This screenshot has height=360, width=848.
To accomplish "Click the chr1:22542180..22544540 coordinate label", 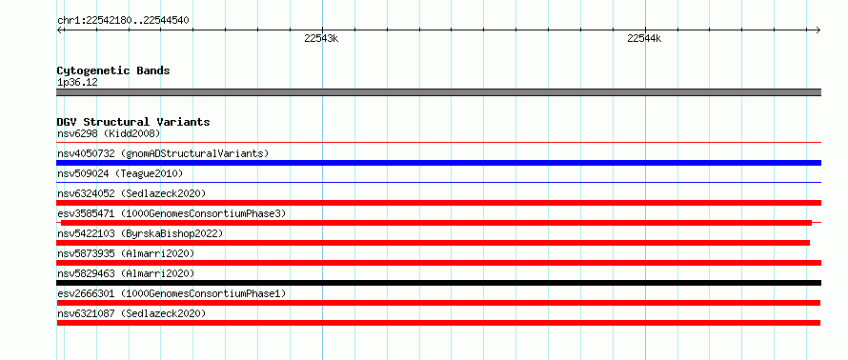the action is [x=123, y=21].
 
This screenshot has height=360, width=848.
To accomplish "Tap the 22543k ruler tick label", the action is [x=321, y=38].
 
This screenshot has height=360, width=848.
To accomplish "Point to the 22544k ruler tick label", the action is [x=644, y=38].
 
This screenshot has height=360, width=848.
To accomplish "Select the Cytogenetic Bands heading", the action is [x=113, y=70].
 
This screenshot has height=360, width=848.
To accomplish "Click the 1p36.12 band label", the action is [x=77, y=83].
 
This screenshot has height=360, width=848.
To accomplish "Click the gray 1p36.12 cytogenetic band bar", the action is [x=438, y=92].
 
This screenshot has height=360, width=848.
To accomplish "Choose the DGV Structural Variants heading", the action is [x=133, y=122].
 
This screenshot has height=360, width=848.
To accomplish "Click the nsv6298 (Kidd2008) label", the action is [x=109, y=133].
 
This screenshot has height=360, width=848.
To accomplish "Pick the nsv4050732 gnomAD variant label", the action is [x=163, y=153].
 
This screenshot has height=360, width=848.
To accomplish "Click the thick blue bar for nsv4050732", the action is [x=438, y=163].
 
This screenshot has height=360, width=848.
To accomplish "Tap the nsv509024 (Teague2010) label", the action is [x=120, y=173].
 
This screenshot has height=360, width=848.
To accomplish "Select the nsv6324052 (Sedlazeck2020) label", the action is [x=131, y=193].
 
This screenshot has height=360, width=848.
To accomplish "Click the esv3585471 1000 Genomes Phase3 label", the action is [x=172, y=213].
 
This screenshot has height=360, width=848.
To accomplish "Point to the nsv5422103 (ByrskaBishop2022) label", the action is [x=140, y=233].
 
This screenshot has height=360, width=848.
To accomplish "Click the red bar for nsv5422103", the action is [x=434, y=243].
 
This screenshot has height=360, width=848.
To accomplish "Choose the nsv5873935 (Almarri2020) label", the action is [x=126, y=253].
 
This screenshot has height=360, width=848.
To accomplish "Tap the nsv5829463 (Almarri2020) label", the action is [x=126, y=273].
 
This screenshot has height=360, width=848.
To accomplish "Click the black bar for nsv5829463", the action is [x=438, y=283].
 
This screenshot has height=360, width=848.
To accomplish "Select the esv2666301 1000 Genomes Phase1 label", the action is [x=172, y=293].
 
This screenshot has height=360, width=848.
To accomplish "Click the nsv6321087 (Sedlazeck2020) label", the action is [x=131, y=313].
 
